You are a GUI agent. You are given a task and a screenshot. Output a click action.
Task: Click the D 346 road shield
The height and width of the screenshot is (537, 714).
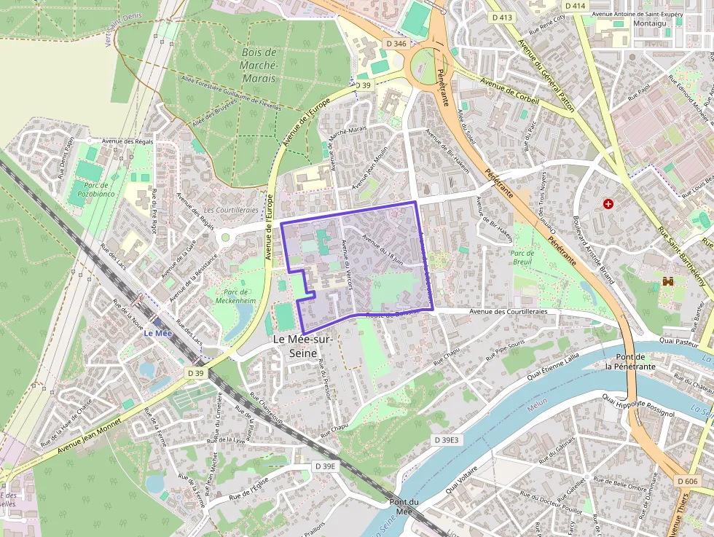tap(396, 44)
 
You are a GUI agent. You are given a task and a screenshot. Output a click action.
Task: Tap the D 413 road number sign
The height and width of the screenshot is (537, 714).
tap(503, 17)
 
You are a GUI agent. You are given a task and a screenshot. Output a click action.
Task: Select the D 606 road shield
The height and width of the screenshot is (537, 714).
tap(687, 481)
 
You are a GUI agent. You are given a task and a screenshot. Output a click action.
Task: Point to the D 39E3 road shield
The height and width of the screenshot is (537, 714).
tap(447, 440)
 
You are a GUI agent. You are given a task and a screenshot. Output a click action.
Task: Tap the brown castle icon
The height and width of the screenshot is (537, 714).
tap(667, 281)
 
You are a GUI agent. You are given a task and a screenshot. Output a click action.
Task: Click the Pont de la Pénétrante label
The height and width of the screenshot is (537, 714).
tap(629, 361)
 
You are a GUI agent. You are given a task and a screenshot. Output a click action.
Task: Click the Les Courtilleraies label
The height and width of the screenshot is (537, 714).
tap(231, 210)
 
